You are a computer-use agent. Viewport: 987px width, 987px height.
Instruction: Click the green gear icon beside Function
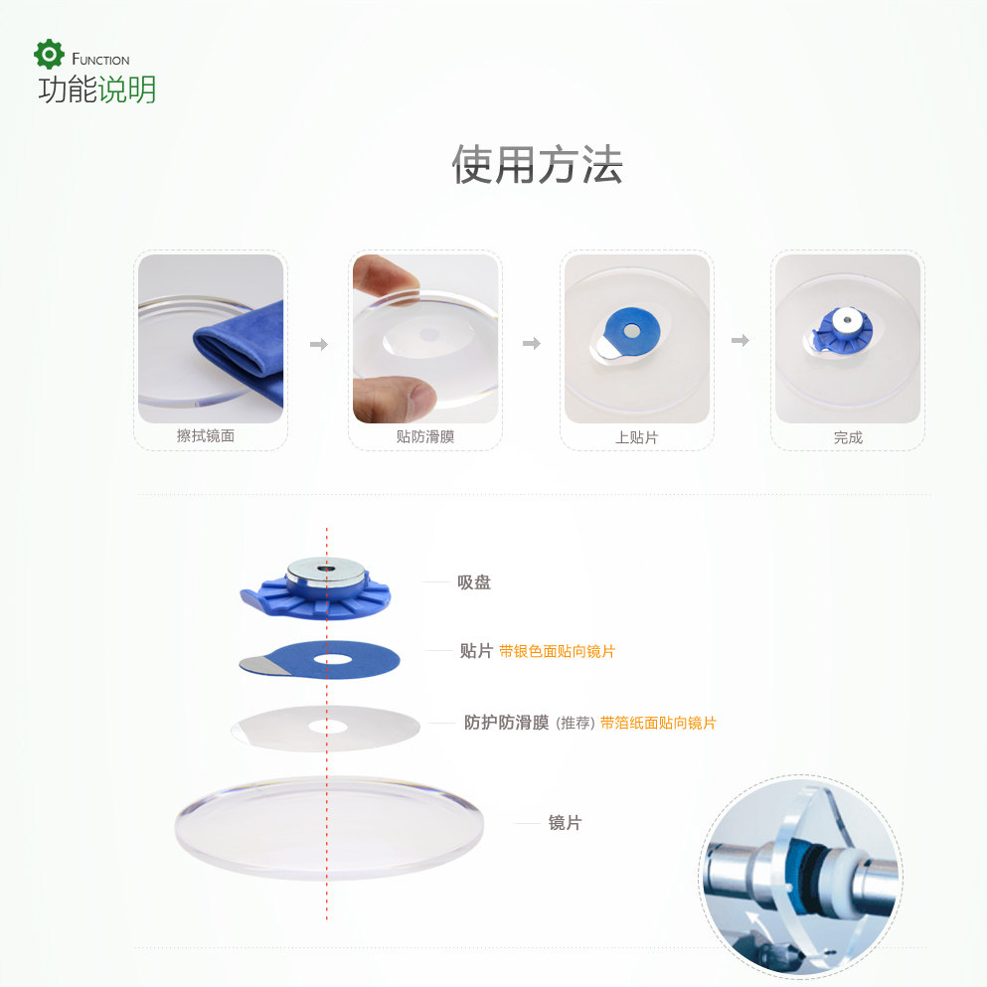click(x=49, y=54)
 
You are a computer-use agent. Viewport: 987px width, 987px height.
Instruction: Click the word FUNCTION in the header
click(x=100, y=60)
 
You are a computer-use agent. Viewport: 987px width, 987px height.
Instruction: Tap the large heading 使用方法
click(x=537, y=165)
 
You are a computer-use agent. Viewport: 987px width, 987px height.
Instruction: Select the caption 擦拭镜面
click(x=205, y=435)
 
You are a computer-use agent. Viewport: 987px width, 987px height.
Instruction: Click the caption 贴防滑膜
click(x=424, y=436)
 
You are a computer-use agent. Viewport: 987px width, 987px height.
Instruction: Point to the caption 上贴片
click(x=636, y=437)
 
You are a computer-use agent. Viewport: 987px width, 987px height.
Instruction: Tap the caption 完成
click(x=847, y=437)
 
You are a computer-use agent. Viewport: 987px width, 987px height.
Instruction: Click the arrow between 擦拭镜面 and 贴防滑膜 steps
click(x=319, y=344)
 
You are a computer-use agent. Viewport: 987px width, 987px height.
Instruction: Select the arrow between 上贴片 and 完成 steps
click(x=740, y=341)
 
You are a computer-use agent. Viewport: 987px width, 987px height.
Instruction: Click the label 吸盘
click(x=474, y=582)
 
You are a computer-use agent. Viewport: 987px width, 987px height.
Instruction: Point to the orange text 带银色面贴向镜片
click(x=557, y=651)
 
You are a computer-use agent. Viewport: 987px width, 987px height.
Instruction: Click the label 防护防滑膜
click(x=506, y=722)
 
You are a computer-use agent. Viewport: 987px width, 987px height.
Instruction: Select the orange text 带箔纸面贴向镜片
click(x=658, y=723)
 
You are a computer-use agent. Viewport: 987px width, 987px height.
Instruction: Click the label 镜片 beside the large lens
click(x=565, y=823)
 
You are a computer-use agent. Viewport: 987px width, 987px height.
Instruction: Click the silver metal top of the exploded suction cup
click(x=326, y=571)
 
